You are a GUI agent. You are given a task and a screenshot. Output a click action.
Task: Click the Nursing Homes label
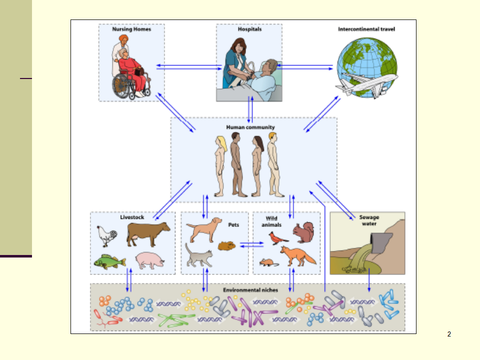[x=131, y=29]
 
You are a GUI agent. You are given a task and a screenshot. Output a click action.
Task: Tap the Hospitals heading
[x=249, y=29]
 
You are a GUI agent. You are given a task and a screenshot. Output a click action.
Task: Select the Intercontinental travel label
[x=366, y=29]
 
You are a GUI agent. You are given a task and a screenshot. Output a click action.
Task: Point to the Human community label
[x=250, y=127]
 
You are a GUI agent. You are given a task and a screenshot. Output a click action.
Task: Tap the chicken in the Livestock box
[x=106, y=235]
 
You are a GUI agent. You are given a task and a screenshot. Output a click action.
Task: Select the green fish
[x=109, y=261]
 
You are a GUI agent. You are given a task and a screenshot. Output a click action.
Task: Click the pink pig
[x=150, y=260]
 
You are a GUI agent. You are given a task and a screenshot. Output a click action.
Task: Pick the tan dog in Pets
[x=204, y=230]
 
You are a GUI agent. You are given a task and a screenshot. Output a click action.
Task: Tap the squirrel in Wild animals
[x=302, y=232]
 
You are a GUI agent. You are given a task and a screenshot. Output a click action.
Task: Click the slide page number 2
[x=449, y=334]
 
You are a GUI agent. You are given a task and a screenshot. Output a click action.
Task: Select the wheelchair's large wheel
[x=122, y=87]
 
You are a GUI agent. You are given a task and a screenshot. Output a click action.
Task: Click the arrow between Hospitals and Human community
[x=250, y=109]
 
